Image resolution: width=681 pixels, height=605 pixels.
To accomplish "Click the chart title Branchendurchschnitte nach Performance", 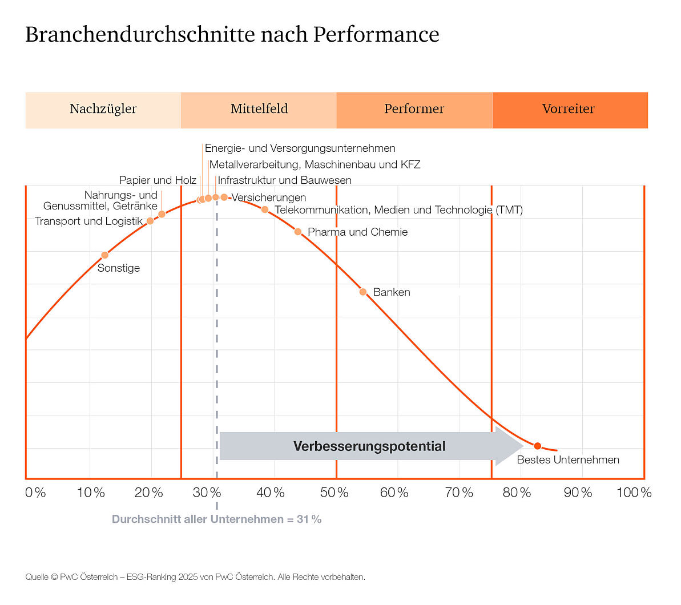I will pos(232,35).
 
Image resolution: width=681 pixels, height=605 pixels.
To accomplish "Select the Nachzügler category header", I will pos(103,110).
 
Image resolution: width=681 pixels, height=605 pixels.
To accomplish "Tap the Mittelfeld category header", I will pos(259,110).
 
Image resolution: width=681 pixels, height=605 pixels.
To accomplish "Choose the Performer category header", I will pos(414,110).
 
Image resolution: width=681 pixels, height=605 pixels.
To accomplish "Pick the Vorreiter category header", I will pos(569,110).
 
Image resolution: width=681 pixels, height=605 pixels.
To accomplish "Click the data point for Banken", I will pos(363,292).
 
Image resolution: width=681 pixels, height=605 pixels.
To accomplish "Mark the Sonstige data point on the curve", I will pos(104,255).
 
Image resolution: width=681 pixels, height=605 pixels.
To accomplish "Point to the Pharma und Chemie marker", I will pos(298,232).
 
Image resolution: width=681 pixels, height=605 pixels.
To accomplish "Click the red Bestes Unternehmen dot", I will pos(537,446).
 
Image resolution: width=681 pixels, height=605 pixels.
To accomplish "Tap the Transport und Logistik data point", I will pos(150,221).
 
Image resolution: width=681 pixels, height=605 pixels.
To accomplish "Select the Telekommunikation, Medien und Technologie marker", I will pos(265,210).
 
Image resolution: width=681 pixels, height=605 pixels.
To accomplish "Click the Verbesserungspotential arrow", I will pos(370,446).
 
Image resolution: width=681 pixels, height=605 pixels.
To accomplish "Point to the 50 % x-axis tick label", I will pos(335,493).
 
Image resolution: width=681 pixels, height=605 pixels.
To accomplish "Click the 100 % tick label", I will pos(634,493).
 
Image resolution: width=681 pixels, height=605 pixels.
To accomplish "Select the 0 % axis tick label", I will pos(35,493).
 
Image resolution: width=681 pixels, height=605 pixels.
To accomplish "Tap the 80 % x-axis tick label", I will pos(516,493).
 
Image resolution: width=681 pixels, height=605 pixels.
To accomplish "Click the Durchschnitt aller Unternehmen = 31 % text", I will pos(216,519).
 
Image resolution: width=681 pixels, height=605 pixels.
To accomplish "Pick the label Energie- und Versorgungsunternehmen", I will pos(300,148).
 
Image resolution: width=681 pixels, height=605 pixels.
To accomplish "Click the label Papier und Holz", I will pos(158,180).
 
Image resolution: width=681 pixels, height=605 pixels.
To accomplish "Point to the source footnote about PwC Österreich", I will pos(195,577).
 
